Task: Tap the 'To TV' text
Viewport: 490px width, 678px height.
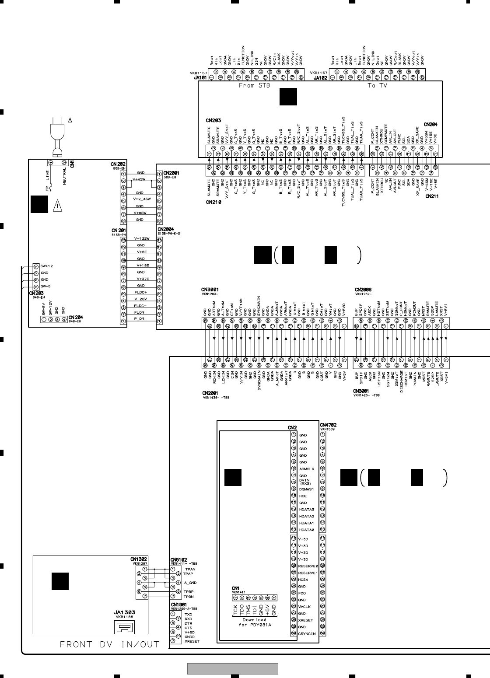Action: (x=378, y=86)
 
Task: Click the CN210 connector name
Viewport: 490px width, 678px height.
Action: (x=213, y=203)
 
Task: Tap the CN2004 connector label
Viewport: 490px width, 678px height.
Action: (x=166, y=229)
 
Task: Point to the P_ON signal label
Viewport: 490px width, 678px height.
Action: (x=140, y=321)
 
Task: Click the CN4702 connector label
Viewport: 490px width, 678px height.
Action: (x=329, y=425)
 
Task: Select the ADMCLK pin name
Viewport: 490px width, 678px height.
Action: (x=307, y=468)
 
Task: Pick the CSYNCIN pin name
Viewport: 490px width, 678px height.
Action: (x=307, y=633)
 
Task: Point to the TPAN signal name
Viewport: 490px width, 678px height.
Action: (x=190, y=569)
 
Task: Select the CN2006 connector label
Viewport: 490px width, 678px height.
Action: (x=364, y=290)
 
